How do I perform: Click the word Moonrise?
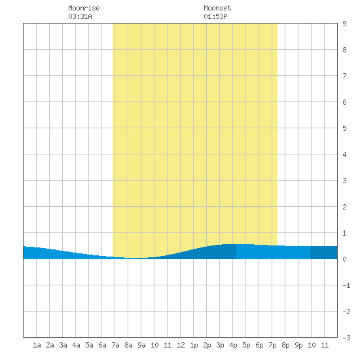point(84,8)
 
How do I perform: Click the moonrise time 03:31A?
point(80,16)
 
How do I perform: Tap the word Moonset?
point(217,8)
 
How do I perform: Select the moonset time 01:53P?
point(215,16)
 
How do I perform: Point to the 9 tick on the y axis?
point(344,24)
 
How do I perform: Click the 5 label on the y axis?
point(344,128)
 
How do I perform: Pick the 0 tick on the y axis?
point(344,259)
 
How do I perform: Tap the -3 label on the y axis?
point(346,338)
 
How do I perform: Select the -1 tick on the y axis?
point(346,285)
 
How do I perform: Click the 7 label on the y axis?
point(344,76)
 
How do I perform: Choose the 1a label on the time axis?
point(37,345)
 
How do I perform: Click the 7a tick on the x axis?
point(115,345)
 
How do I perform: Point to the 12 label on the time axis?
point(181,345)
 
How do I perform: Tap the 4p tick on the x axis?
point(233,345)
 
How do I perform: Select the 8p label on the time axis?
point(285,345)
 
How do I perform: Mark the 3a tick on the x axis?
point(63,345)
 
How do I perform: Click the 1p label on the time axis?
point(194,345)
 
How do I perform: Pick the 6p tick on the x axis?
point(259,345)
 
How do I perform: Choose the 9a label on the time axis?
point(141,345)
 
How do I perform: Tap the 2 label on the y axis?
point(344,207)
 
